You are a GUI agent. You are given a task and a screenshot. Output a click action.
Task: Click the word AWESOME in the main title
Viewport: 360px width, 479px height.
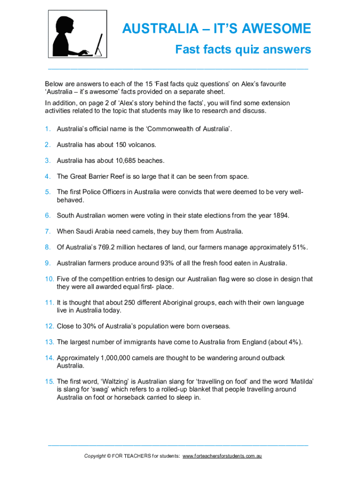click(x=275, y=29)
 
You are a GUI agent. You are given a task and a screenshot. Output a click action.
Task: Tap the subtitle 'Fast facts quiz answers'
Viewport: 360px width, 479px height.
click(x=243, y=49)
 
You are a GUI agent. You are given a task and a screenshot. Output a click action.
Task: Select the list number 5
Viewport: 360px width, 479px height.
click(x=48, y=192)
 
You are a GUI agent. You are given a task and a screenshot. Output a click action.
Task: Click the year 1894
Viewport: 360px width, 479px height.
click(x=280, y=216)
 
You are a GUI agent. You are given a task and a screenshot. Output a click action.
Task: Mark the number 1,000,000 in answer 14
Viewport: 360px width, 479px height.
click(x=117, y=358)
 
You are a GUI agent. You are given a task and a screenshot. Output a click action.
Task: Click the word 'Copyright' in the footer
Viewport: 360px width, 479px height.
click(x=95, y=456)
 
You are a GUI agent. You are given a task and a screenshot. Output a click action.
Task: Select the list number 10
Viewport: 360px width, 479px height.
click(x=50, y=279)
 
